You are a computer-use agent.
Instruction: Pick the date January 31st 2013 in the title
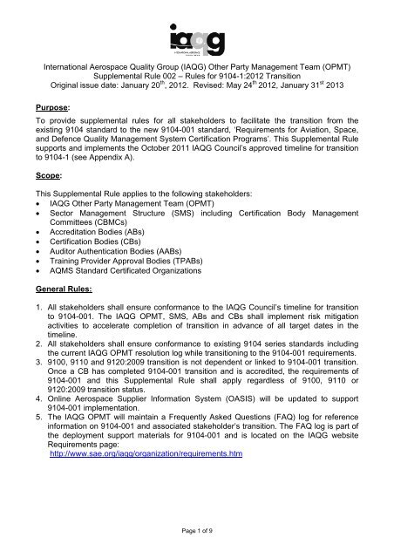coord(330,89)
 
